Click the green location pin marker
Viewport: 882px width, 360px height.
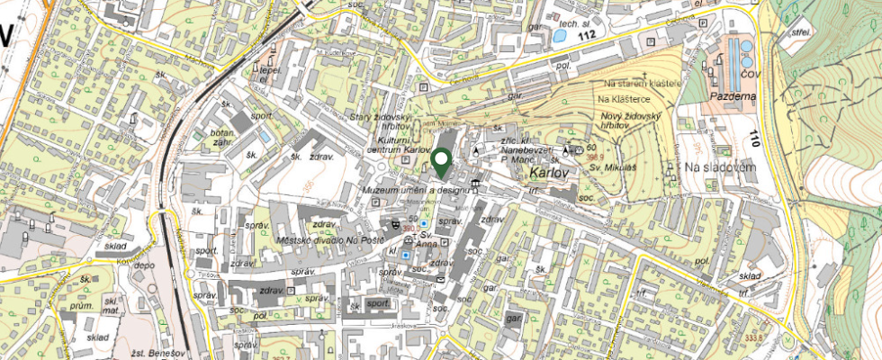coord(441,162)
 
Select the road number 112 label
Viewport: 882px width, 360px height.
coord(587,35)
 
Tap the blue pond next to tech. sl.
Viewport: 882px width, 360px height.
coord(560,37)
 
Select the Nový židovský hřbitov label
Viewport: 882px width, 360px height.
coord(630,121)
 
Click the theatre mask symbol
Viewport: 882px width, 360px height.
coord(395,223)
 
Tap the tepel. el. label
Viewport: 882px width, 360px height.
coord(268,72)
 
